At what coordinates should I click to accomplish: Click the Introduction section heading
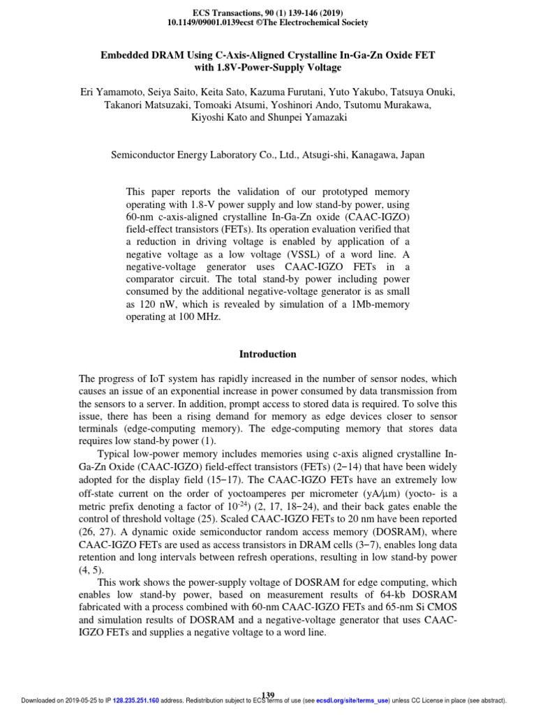click(268, 354)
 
